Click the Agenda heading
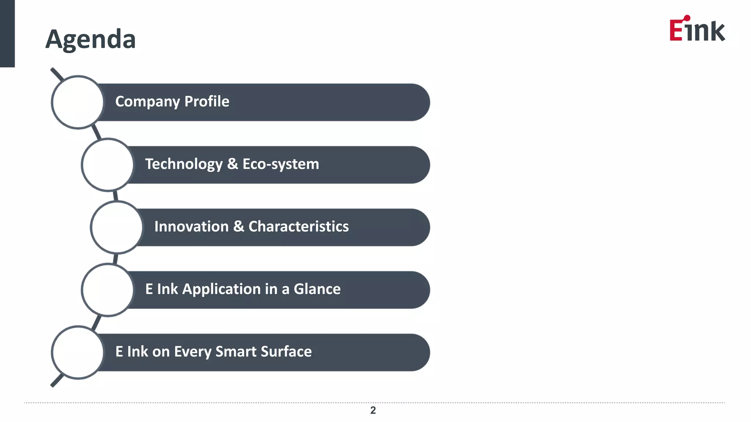91,39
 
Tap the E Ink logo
697,29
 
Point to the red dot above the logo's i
687,18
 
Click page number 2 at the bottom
373,410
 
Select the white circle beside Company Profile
78,102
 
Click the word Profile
207,101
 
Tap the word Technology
184,164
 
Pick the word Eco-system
281,164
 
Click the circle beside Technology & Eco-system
107,165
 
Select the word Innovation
191,226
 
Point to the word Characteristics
298,226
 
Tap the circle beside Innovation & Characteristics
117,227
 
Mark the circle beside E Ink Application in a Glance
107,290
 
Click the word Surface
286,352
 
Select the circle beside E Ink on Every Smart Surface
78,352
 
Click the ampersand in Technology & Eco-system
232,164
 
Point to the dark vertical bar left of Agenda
7,33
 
